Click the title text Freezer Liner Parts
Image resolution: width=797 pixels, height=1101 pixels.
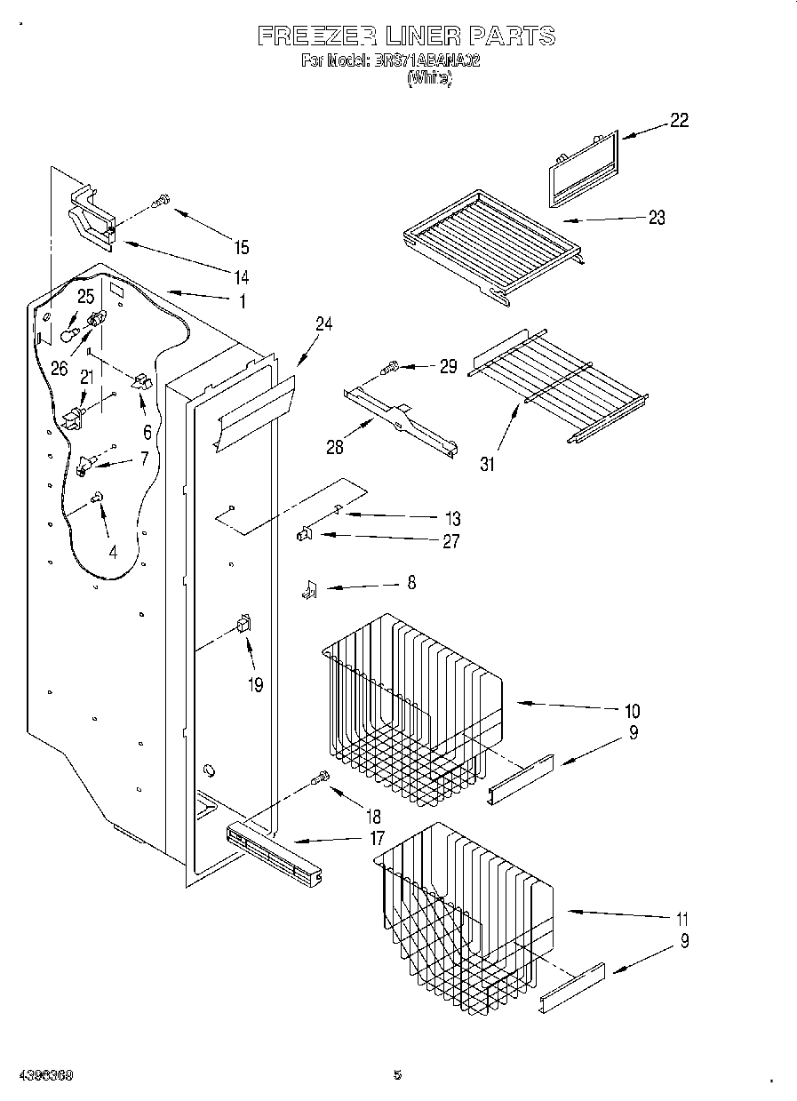coord(406,36)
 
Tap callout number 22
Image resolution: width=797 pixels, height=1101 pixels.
coord(678,122)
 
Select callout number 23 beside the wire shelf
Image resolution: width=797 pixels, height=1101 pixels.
coord(657,218)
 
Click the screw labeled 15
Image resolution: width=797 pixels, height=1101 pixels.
coord(161,202)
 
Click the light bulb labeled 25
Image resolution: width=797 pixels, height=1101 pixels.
coord(71,333)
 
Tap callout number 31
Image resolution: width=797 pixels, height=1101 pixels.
coord(488,463)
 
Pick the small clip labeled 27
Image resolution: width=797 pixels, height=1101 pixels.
coord(304,534)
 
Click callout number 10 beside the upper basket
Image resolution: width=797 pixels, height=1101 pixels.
coord(632,711)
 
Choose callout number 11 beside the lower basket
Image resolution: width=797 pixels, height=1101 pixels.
coord(681,919)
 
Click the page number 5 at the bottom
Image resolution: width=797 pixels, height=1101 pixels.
coord(398,1075)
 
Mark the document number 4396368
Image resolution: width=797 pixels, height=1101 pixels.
coord(44,1075)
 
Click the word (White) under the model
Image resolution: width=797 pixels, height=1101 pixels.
coord(430,78)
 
